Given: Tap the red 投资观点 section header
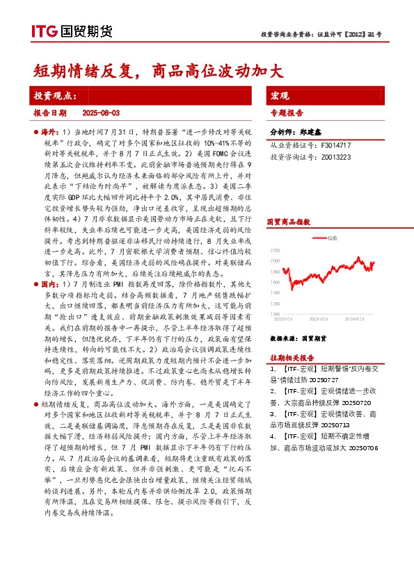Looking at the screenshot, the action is tap(56, 94).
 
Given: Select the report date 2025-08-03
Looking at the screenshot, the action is tap(102, 112).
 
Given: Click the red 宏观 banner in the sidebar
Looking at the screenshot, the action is tap(280, 94).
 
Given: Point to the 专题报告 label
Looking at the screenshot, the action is tap(286, 112).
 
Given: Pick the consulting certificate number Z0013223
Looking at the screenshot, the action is tap(335, 157).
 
